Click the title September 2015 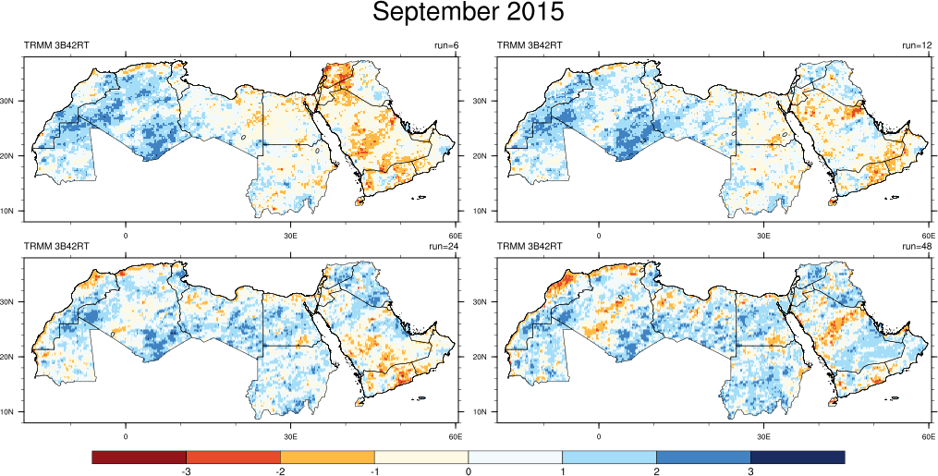pos(469,14)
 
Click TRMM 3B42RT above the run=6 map pos(56,45)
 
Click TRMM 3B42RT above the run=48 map pos(530,247)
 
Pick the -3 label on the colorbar pos(187,471)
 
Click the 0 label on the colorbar pos(469,471)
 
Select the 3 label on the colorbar pos(750,471)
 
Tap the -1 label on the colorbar pos(373,471)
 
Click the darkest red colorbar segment pos(140,458)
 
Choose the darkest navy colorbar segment pos(798,458)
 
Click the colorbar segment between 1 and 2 pos(609,458)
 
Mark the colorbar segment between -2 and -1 pos(327,458)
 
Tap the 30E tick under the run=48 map pos(763,436)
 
